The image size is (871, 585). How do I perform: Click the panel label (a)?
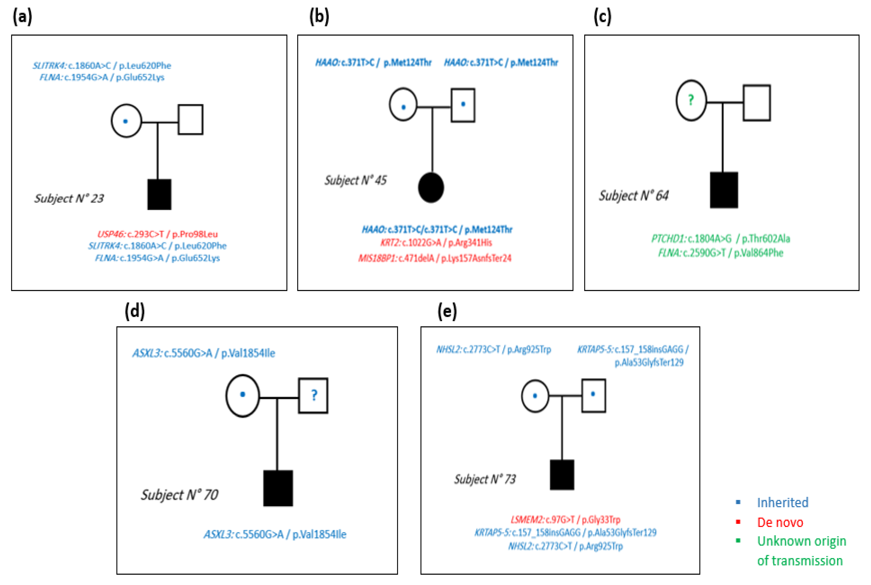tap(22, 17)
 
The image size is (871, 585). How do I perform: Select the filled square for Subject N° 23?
tap(159, 194)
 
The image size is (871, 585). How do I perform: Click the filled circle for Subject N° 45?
tap(431, 188)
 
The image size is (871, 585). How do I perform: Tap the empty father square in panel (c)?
tap(757, 103)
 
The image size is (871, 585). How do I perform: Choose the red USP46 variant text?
tap(157, 234)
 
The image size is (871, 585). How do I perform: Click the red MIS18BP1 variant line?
tap(435, 258)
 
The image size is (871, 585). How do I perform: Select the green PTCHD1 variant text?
tap(720, 238)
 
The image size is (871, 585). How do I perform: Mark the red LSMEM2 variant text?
tap(565, 519)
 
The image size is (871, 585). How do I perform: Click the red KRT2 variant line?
tap(436, 243)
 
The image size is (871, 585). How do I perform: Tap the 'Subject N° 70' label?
tap(179, 495)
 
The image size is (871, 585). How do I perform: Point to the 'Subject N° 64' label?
tap(634, 196)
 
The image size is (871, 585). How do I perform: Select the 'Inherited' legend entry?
tap(782, 502)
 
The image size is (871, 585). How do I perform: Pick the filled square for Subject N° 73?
tap(562, 475)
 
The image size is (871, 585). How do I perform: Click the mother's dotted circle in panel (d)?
tap(243, 395)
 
